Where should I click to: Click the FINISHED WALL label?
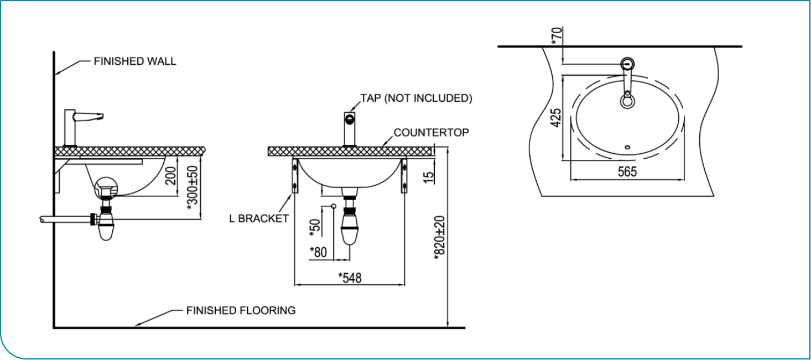(x=134, y=61)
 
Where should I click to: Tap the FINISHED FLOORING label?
(x=241, y=311)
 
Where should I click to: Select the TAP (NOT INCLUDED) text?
(x=416, y=98)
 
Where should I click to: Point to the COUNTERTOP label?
(x=431, y=133)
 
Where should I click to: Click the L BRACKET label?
(x=259, y=218)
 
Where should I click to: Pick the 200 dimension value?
(x=170, y=176)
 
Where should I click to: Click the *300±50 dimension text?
(x=192, y=186)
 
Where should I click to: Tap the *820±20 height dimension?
(x=440, y=236)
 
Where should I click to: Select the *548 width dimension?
(x=349, y=278)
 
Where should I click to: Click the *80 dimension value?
(x=318, y=252)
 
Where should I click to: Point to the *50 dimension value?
(x=315, y=226)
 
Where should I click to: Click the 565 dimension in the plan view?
(x=627, y=172)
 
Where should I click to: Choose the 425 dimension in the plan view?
(x=556, y=118)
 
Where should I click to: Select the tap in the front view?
(x=350, y=128)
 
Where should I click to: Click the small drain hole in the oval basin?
(x=627, y=147)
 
